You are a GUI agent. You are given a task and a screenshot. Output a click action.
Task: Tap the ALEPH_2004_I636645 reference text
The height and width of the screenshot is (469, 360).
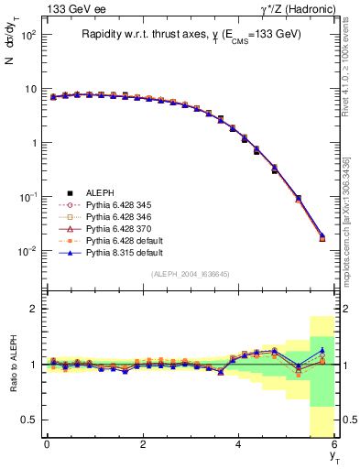click(x=190, y=275)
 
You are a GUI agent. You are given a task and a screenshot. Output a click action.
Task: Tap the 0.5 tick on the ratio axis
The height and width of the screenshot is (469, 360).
click(x=29, y=420)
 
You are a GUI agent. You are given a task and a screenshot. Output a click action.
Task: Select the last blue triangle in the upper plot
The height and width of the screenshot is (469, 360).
click(x=322, y=236)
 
